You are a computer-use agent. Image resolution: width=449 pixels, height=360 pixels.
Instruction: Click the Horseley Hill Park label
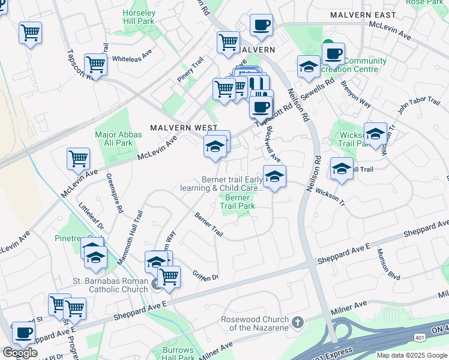click(x=139, y=17)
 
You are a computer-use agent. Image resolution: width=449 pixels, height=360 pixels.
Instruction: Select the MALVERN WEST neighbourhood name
click(x=175, y=128)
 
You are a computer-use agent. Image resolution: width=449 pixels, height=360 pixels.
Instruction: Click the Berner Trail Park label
click(x=238, y=202)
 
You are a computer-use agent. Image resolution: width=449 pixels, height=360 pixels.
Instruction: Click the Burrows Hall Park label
click(x=179, y=353)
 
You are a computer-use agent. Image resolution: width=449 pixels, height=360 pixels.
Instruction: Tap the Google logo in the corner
click(x=20, y=353)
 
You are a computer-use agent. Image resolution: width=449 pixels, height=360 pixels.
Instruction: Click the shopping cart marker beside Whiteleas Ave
click(x=95, y=64)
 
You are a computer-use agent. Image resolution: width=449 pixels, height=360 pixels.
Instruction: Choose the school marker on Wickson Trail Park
click(x=375, y=134)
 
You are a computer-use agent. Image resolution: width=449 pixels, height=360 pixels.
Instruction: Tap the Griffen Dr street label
click(x=205, y=276)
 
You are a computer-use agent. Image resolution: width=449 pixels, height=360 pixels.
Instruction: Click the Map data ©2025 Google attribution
click(x=411, y=355)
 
